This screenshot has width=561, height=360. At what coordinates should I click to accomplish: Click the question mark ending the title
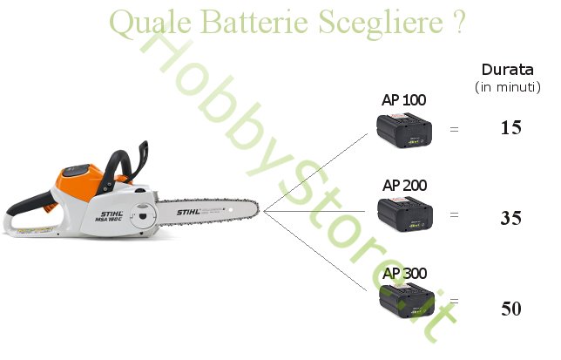[459, 23]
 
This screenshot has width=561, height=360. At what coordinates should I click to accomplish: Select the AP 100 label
[404, 100]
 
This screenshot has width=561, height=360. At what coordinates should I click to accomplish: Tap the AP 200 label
[404, 186]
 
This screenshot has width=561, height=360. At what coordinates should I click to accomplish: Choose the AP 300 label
[404, 274]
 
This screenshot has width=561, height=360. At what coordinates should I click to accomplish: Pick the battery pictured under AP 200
[405, 214]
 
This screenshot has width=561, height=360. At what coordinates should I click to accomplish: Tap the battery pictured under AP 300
[405, 302]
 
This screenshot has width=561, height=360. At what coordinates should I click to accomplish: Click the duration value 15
[510, 128]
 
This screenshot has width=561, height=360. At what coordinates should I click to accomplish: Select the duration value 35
[510, 218]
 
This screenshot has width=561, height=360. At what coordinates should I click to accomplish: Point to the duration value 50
[510, 309]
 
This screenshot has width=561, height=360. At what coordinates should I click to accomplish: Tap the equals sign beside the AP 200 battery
[453, 214]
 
